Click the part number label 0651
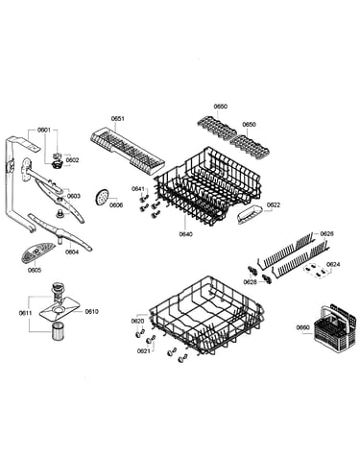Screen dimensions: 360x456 click(x=117, y=119)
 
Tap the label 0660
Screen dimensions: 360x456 click(x=302, y=327)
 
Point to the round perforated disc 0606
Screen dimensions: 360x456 click(x=102, y=196)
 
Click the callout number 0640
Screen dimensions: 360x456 click(x=186, y=234)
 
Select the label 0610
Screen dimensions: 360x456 click(x=91, y=311)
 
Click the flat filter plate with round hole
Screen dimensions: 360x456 click(x=60, y=310)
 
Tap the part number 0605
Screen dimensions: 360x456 click(x=35, y=270)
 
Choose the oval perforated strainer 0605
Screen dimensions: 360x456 click(x=37, y=252)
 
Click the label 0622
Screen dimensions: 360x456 click(x=274, y=204)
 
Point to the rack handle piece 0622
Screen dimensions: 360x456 click(x=250, y=214)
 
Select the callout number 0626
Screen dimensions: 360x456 click(x=326, y=234)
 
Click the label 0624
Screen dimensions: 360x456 click(x=333, y=264)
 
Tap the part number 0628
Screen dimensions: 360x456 click(x=250, y=282)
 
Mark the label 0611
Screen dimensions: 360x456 click(x=25, y=313)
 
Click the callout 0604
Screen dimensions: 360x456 click(x=72, y=252)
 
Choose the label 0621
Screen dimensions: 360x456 click(x=144, y=351)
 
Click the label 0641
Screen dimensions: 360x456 click(x=138, y=189)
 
